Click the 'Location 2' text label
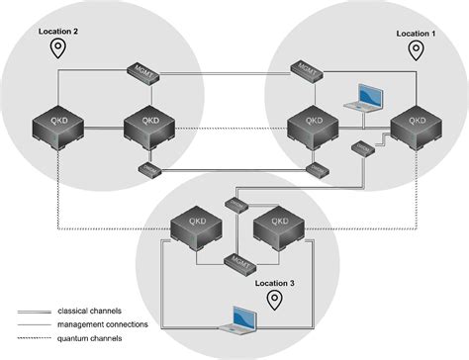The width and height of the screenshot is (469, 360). (57, 32)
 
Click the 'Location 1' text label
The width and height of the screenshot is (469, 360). (416, 34)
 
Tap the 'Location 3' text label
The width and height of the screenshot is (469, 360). (276, 284)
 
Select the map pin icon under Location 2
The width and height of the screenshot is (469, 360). (58, 48)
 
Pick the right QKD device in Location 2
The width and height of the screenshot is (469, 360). (148, 126)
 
